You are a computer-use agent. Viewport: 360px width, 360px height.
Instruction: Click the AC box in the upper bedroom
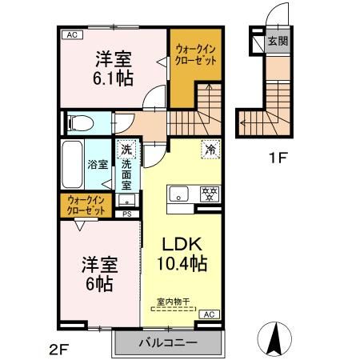pyautogui.click(x=71, y=34)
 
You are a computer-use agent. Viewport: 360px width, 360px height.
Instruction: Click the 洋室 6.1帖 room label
pyautogui.click(x=114, y=68)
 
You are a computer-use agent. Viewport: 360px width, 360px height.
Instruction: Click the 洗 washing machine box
pyautogui.click(x=126, y=149)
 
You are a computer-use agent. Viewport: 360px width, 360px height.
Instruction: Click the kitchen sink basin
pyautogui.click(x=178, y=193)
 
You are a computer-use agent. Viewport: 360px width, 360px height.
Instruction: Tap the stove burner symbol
pyautogui.click(x=208, y=193)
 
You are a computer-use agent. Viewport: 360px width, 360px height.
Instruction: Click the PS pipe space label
pyautogui.click(x=126, y=214)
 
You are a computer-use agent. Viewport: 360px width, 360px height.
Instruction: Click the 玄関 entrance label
pyautogui.click(x=277, y=41)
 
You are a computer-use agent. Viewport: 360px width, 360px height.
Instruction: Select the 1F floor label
pyautogui.click(x=278, y=158)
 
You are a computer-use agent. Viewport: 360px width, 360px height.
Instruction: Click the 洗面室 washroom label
pyautogui.click(x=126, y=170)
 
